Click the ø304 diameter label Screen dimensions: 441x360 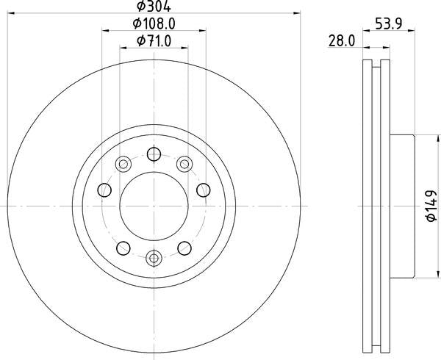[x=154, y=6]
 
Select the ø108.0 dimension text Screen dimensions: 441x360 [x=154, y=24]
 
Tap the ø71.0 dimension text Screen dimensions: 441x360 [x=154, y=41]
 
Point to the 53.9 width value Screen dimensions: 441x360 [x=388, y=24]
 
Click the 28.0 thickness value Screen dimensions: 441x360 [x=342, y=41]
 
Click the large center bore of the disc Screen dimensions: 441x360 [x=154, y=206]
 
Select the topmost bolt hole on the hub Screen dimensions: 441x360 [x=154, y=154]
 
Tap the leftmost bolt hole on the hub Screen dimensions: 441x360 [x=104, y=190]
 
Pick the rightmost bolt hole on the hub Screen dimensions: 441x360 [x=204, y=190]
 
